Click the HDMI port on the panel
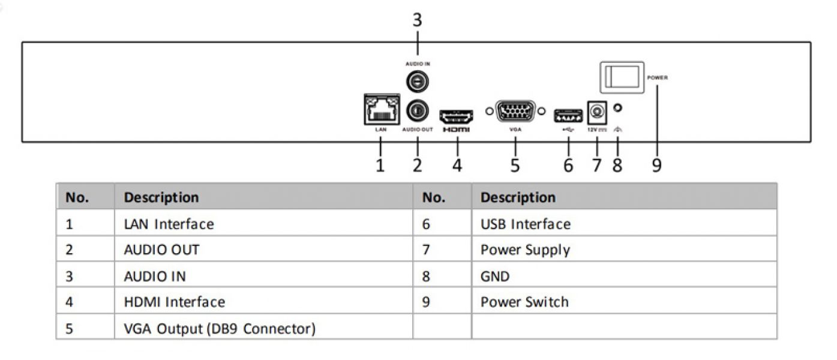pos(457,115)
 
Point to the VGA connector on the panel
pos(515,112)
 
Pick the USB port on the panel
pos(567,113)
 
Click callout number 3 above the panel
pos(417,20)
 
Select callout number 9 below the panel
pos(656,164)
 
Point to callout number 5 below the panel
pos(515,164)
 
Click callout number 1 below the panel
pos(380,164)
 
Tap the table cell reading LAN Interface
pos(169,224)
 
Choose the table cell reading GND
pos(495,277)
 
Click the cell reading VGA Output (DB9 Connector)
pos(220,329)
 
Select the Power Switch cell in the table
pos(524,302)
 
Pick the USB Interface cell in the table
pos(526,224)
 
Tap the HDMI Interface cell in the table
pos(174,302)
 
